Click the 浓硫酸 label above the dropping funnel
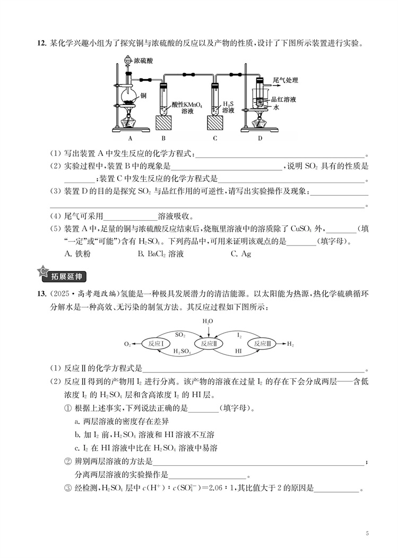click(144, 61)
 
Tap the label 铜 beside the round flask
click(143, 95)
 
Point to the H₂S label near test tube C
click(228, 104)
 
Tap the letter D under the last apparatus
click(259, 138)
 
